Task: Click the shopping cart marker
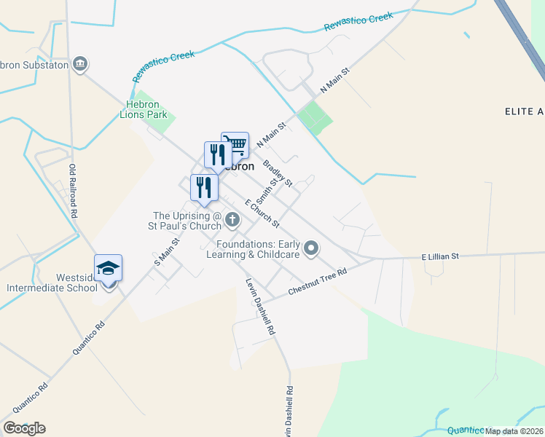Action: [235, 145]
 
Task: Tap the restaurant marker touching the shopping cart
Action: [217, 154]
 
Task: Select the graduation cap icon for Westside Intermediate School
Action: [108, 268]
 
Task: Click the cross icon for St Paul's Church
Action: [232, 219]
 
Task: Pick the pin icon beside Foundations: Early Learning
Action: [311, 249]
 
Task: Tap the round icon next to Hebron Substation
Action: [80, 64]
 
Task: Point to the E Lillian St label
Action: [440, 256]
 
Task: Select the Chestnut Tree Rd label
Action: [317, 280]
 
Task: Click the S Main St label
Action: [167, 251]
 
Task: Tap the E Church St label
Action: [262, 212]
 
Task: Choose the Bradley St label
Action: [278, 173]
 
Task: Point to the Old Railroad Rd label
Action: [73, 192]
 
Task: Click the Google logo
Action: [24, 428]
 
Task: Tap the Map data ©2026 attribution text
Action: [514, 430]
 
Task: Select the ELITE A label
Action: [525, 111]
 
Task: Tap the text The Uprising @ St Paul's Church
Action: [186, 221]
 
